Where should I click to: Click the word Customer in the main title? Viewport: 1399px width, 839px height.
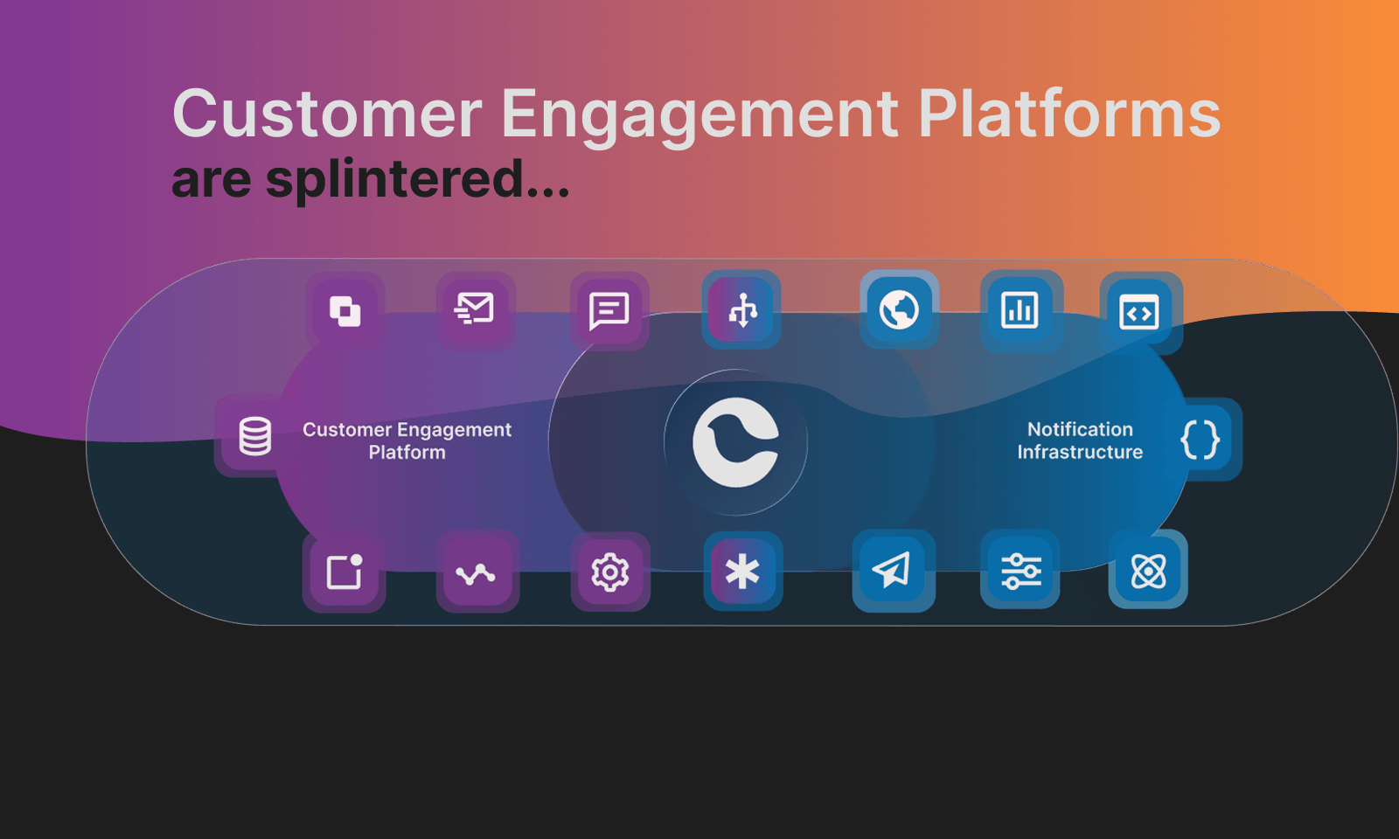(x=327, y=114)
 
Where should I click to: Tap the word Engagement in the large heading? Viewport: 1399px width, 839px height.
(x=699, y=114)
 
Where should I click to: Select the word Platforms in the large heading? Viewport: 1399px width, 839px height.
(x=1068, y=114)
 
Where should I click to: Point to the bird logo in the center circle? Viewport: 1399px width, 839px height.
(x=735, y=442)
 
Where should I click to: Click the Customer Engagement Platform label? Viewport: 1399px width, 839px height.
(x=407, y=440)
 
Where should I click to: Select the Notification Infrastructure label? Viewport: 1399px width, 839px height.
(x=1080, y=440)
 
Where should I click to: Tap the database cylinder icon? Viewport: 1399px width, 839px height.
(x=255, y=436)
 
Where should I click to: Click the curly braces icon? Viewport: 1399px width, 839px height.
(x=1200, y=439)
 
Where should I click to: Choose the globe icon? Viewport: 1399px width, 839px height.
(x=899, y=309)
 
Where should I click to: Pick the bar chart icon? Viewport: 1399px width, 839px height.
(x=1020, y=310)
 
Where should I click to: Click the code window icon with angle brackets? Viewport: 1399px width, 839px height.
(x=1139, y=313)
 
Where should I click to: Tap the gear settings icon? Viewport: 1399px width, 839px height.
(x=610, y=572)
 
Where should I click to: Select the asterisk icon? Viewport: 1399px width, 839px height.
(x=742, y=572)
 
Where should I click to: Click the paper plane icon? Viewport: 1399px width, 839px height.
(x=892, y=571)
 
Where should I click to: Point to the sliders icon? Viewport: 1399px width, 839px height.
(x=1020, y=571)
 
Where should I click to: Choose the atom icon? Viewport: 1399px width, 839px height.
(x=1148, y=571)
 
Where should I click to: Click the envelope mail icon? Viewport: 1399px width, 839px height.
(x=475, y=309)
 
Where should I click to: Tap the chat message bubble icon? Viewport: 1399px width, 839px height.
(x=609, y=310)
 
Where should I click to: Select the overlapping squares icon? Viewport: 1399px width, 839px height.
(x=345, y=311)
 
